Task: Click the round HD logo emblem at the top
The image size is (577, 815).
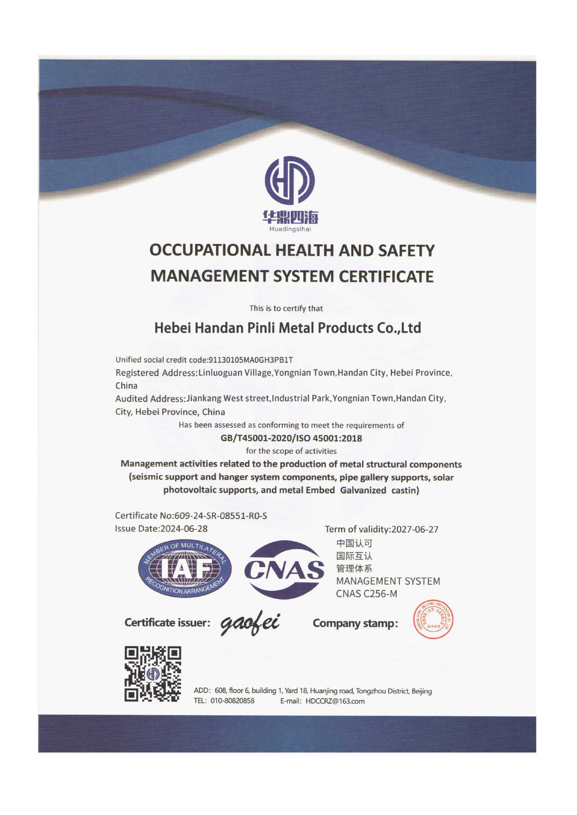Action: [290, 180]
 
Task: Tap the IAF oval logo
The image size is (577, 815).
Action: [184, 569]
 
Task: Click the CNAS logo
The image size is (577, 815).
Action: [284, 569]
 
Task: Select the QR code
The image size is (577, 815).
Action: [153, 674]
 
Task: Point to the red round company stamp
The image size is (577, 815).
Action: [433, 620]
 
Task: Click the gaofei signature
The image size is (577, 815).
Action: [250, 624]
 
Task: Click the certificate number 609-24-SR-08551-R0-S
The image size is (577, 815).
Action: [221, 516]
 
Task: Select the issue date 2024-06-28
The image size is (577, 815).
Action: [184, 529]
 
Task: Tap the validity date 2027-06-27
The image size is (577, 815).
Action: [415, 529]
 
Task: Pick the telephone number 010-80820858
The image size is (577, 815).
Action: [232, 701]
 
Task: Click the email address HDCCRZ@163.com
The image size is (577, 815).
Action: [335, 701]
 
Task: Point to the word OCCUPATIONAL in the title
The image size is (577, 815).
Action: [210, 250]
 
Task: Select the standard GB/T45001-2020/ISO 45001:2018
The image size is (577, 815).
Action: [291, 438]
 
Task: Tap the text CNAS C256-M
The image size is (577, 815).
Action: [366, 594]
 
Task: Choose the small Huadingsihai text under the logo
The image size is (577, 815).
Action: [290, 230]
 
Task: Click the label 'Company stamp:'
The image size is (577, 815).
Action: [355, 623]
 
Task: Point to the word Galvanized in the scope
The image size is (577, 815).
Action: [363, 490]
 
